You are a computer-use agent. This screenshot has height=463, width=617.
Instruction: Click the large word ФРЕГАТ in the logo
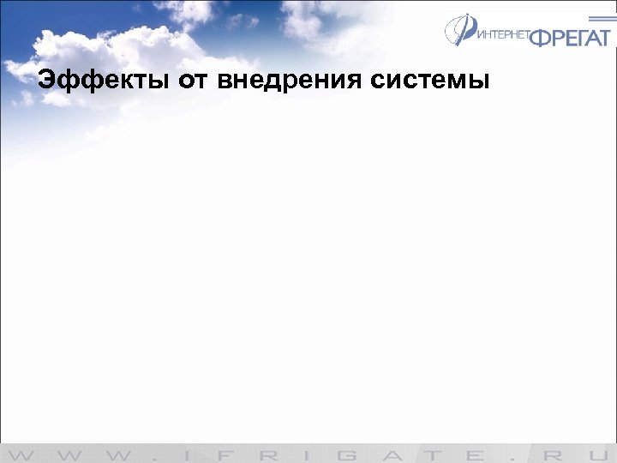[570, 37]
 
